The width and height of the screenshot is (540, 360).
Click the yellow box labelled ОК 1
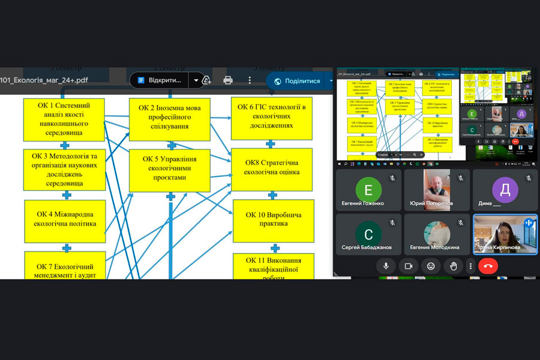pyautogui.click(x=64, y=119)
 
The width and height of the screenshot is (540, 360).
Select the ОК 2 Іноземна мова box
pyautogui.click(x=170, y=117)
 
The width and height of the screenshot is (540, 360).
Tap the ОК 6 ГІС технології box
pyautogui.click(x=272, y=116)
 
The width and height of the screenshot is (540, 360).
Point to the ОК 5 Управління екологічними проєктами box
pyautogui.click(x=170, y=169)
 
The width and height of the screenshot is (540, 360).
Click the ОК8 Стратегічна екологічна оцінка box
pyautogui.click(x=272, y=167)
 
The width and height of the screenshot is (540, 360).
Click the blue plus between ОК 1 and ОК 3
pyautogui.click(x=66, y=145)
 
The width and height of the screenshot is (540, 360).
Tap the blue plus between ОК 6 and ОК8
pyautogui.click(x=271, y=144)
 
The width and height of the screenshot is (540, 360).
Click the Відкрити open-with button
pyautogui.click(x=159, y=80)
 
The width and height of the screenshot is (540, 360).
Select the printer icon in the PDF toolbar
pyautogui.click(x=228, y=80)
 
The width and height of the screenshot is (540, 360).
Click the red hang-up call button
pyautogui.click(x=488, y=266)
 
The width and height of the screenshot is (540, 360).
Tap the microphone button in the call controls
pyautogui.click(x=386, y=266)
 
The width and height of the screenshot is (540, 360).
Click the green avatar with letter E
pyautogui.click(x=368, y=190)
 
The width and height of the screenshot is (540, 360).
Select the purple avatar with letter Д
pyautogui.click(x=505, y=190)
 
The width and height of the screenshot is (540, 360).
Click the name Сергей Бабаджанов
pyautogui.click(x=367, y=247)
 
